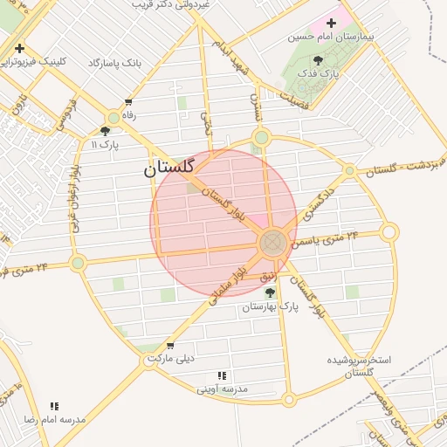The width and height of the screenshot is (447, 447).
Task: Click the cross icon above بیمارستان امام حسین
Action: [331, 22]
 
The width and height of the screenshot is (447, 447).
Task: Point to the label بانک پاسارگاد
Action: [114, 64]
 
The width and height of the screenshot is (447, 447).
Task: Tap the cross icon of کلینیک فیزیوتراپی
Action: [18, 48]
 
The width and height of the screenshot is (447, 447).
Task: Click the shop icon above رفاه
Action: [129, 101]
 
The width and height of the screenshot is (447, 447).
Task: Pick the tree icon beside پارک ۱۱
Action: [106, 130]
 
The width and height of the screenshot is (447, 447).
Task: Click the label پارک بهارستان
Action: [271, 307]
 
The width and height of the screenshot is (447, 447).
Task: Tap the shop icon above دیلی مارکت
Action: [169, 345]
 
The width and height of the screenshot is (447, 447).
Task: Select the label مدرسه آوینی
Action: [223, 388]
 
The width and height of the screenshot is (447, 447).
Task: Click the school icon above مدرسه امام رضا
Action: [55, 406]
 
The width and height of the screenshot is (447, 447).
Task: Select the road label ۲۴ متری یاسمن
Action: [327, 237]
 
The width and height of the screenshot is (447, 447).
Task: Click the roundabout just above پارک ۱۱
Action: [113, 118]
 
